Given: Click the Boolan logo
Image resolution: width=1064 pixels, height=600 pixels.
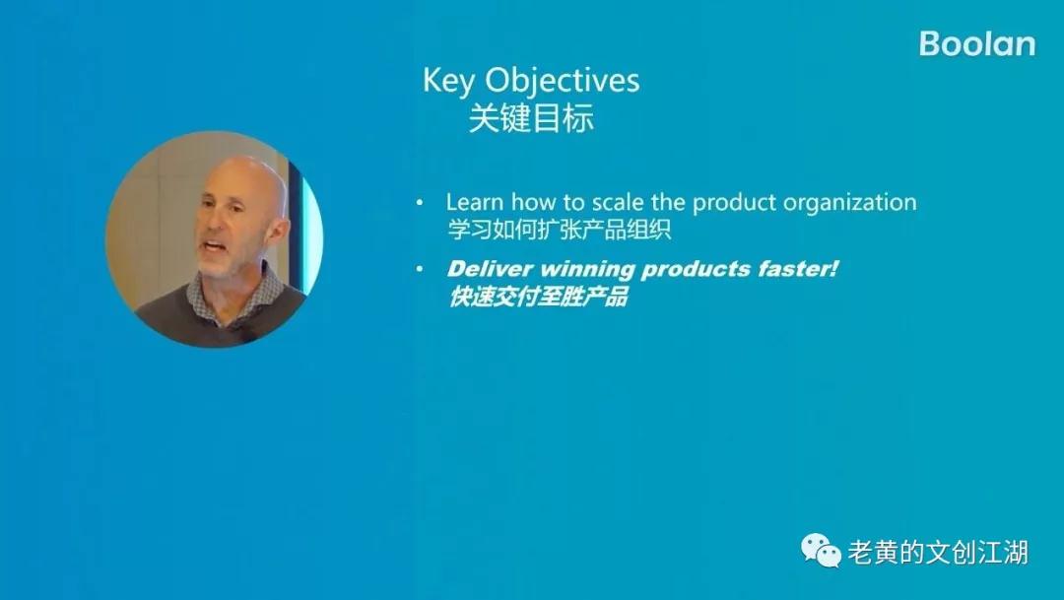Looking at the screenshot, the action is tap(977, 44).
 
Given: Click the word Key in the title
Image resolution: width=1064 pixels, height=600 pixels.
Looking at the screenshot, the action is tap(448, 81).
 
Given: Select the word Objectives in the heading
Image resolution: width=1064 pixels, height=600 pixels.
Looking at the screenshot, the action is tap(562, 81).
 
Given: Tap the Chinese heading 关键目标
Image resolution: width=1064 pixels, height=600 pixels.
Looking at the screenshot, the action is tap(531, 118).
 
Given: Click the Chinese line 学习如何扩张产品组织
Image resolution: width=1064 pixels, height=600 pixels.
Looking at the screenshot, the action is tap(560, 230).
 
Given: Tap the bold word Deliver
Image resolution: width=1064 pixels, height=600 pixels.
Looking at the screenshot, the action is tap(490, 269).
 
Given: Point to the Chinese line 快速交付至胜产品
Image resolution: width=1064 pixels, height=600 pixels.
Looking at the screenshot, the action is tap(538, 297).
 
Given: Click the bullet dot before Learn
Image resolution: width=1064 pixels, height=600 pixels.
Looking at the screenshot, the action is tap(420, 203).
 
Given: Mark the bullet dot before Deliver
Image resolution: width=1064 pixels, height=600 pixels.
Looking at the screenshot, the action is tap(420, 269).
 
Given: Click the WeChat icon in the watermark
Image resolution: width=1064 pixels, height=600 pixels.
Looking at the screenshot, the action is tap(821, 550).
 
